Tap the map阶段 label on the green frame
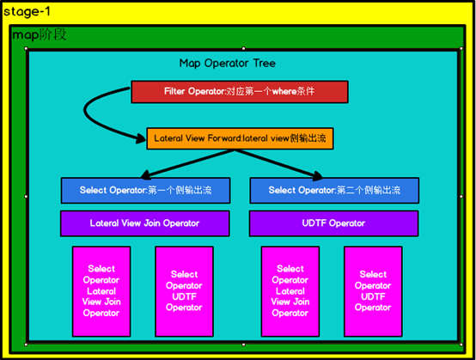click(x=39, y=35)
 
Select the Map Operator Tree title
click(x=227, y=64)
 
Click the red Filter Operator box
click(x=239, y=91)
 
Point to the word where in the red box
click(x=284, y=91)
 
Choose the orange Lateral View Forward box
click(x=239, y=137)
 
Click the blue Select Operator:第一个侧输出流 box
click(x=144, y=190)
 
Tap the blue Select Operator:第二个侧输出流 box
click(x=333, y=190)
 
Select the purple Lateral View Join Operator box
click(x=144, y=223)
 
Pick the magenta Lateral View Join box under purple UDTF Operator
click(x=290, y=291)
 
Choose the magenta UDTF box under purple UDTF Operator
click(x=373, y=291)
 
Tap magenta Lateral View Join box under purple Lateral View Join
click(x=101, y=291)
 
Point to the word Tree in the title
click(x=263, y=64)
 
